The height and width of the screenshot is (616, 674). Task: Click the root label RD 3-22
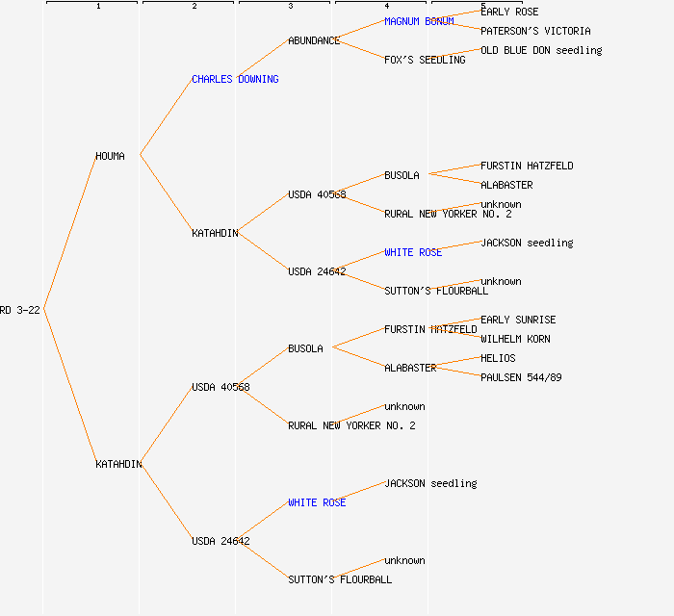(x=19, y=310)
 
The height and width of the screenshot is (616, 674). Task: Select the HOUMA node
(x=110, y=156)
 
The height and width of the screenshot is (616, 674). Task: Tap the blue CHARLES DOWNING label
(x=235, y=79)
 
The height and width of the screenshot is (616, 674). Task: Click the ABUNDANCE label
(x=314, y=40)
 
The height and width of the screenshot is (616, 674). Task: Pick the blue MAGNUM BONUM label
(x=419, y=21)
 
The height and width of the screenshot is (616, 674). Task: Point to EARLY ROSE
(x=509, y=12)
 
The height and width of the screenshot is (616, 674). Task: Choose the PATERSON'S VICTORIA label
(x=535, y=31)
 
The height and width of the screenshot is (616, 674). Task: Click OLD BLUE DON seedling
(x=541, y=50)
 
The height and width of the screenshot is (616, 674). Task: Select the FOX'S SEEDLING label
(x=425, y=60)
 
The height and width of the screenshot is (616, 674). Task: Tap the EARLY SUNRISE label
(x=518, y=320)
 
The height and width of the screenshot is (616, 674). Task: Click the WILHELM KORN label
(x=515, y=339)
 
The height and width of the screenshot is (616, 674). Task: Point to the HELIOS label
(x=498, y=358)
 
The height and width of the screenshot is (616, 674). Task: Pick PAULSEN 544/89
(x=521, y=377)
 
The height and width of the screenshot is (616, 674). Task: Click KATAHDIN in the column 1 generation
(x=118, y=464)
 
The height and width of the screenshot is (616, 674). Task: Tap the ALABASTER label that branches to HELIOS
(x=410, y=368)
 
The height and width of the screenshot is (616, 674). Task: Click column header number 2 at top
(x=194, y=7)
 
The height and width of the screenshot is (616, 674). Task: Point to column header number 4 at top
(x=386, y=7)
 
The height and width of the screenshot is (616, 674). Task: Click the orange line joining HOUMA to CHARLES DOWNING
(x=166, y=117)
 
